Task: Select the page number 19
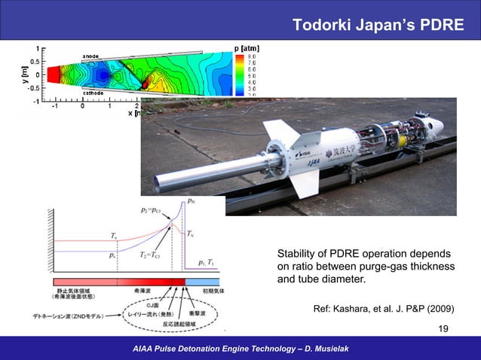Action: pyautogui.click(x=444, y=328)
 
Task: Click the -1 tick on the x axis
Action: pyautogui.click(x=54, y=107)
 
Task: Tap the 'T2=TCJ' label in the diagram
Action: pyautogui.click(x=154, y=255)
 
